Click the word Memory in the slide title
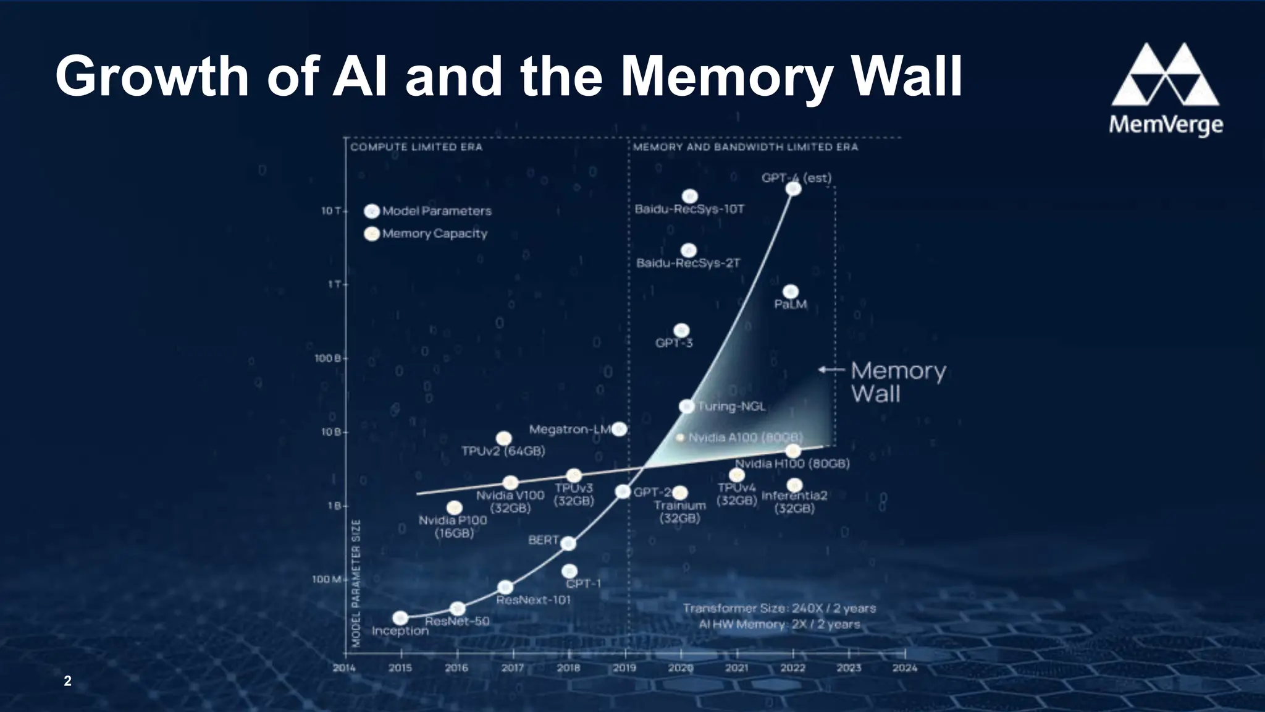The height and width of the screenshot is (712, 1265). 715,77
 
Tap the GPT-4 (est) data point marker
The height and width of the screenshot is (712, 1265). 793,189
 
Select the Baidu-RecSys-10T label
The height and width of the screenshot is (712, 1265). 689,209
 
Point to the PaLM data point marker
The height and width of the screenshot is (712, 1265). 791,292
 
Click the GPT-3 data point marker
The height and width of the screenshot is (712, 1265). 681,331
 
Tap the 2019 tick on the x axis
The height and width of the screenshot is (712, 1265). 624,667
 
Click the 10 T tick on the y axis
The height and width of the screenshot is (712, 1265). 331,211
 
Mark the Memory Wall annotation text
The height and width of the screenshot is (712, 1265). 897,381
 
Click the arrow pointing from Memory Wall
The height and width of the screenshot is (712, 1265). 831,370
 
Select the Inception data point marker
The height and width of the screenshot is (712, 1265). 400,618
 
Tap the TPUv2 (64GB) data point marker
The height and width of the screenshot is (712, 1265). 503,438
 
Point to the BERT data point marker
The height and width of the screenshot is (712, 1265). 568,543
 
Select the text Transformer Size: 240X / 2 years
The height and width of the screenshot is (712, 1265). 779,608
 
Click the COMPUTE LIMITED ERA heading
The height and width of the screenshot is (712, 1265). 416,147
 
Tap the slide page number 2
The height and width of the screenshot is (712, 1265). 67,681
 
